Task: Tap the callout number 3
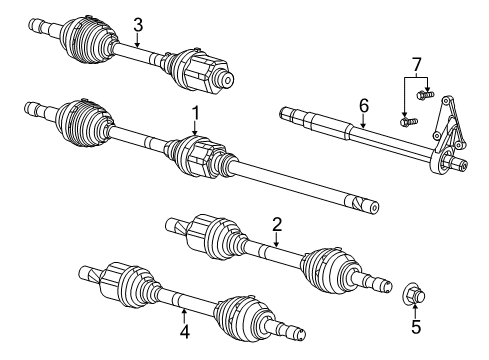point(138,25)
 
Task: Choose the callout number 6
point(364,103)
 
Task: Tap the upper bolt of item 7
point(429,95)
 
